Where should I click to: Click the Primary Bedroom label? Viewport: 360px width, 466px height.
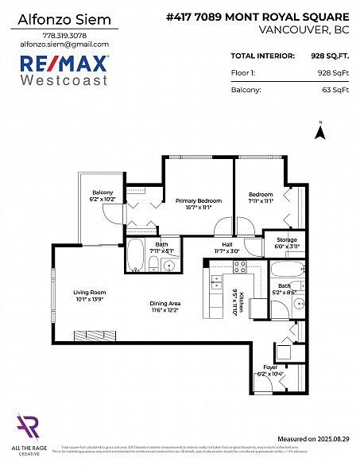pos(198,200)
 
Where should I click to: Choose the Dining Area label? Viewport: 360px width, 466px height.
pos(165,304)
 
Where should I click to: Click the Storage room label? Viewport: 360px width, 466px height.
pos(287,239)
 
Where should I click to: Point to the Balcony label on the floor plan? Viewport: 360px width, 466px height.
pos(103,193)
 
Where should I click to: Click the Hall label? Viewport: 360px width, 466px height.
pos(226,245)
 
